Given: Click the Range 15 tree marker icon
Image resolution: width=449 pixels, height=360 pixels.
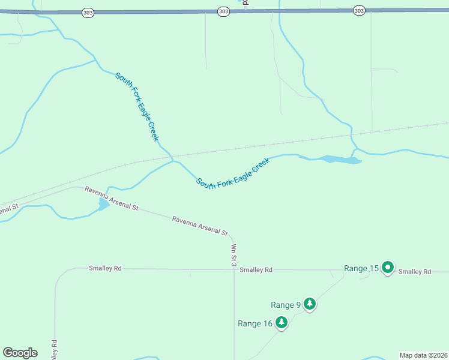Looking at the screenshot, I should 388,268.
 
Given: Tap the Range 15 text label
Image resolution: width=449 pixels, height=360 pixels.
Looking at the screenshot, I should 361,268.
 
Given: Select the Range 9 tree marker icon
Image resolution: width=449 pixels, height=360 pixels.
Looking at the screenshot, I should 310,304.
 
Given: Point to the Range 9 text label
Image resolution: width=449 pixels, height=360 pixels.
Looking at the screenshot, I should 286,305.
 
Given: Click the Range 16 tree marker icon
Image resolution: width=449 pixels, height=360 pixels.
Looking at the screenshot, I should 280,323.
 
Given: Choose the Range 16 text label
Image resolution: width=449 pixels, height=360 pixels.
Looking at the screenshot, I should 255,323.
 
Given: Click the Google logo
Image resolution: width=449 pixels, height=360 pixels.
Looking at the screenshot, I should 20,353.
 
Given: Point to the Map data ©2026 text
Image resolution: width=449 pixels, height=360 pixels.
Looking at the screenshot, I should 423,355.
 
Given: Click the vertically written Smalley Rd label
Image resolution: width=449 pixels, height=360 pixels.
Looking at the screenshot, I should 54,350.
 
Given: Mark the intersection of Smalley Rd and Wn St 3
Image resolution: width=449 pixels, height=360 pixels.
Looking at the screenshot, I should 234,269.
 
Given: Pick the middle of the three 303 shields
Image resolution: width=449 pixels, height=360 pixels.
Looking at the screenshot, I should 223,11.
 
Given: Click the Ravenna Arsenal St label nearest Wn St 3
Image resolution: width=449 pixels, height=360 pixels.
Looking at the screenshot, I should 200,226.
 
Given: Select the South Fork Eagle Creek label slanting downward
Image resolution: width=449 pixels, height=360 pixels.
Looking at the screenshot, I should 137,107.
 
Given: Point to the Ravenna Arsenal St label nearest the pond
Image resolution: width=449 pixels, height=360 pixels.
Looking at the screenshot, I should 112,199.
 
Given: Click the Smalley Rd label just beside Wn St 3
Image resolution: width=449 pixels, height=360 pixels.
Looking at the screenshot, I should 256,270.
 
